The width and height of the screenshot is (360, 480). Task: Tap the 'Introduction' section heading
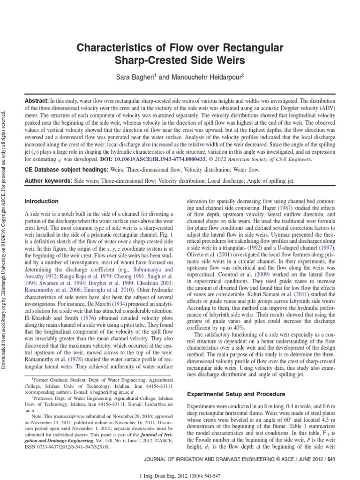click(x=41, y=201)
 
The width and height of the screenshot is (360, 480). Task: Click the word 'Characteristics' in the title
click(x=112, y=48)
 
